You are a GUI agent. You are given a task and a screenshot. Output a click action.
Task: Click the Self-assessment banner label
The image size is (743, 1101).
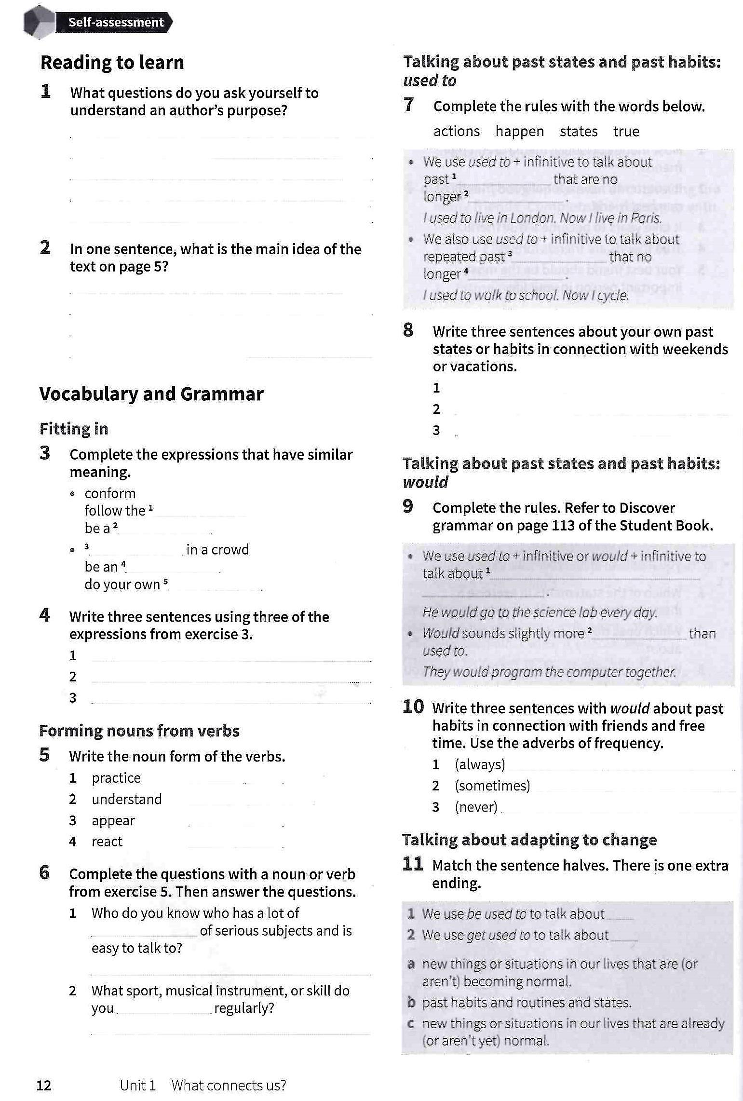(116, 22)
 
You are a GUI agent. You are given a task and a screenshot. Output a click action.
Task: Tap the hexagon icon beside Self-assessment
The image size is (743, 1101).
(39, 22)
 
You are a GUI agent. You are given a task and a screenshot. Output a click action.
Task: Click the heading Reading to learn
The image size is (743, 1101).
(112, 63)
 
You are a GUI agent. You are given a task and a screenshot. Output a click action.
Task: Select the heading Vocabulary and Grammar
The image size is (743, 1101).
(151, 394)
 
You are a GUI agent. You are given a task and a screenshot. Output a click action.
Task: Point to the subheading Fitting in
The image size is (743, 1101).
(74, 429)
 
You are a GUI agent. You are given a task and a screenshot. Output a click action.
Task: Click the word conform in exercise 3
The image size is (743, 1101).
(110, 493)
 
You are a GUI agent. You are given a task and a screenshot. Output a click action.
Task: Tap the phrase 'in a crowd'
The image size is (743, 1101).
(217, 550)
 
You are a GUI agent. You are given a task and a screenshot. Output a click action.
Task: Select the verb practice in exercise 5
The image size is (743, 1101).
(116, 778)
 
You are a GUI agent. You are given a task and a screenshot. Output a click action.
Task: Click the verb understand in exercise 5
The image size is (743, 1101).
(126, 799)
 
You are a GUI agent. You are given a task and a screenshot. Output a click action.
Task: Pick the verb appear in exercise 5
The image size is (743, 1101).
(113, 820)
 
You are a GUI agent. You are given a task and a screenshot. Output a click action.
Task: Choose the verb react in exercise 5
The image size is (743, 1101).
(107, 842)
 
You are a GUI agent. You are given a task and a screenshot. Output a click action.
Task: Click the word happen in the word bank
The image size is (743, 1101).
(519, 131)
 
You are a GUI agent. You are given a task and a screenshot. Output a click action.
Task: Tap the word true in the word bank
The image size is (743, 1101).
(626, 131)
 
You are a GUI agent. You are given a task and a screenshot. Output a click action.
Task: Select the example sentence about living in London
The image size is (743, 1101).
(542, 218)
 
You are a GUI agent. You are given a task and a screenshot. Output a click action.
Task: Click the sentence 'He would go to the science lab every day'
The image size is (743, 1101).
(540, 612)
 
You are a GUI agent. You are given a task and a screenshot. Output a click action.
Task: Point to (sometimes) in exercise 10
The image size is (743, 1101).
(492, 786)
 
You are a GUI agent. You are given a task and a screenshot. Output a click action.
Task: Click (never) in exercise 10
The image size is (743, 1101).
(476, 807)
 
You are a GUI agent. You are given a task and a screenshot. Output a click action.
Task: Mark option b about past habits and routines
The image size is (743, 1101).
(526, 1002)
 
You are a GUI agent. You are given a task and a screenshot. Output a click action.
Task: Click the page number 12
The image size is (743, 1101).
(44, 1085)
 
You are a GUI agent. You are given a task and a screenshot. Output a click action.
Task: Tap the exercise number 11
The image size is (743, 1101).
(413, 864)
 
